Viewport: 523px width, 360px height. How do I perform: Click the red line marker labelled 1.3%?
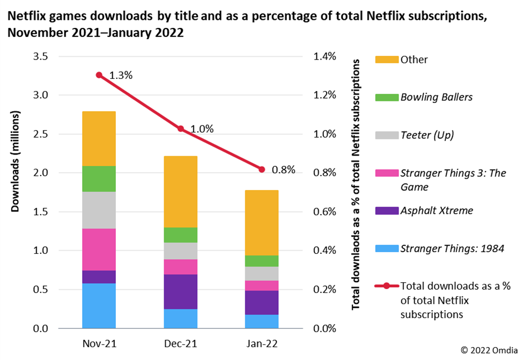coord(99,75)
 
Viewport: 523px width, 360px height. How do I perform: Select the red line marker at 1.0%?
coord(180,129)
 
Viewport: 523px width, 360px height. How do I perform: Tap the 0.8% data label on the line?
coord(284,170)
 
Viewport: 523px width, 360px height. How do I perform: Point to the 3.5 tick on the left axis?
coord(41,56)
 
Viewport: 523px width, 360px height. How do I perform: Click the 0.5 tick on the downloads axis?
coord(41,289)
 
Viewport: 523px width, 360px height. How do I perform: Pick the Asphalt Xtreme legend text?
coord(437,210)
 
